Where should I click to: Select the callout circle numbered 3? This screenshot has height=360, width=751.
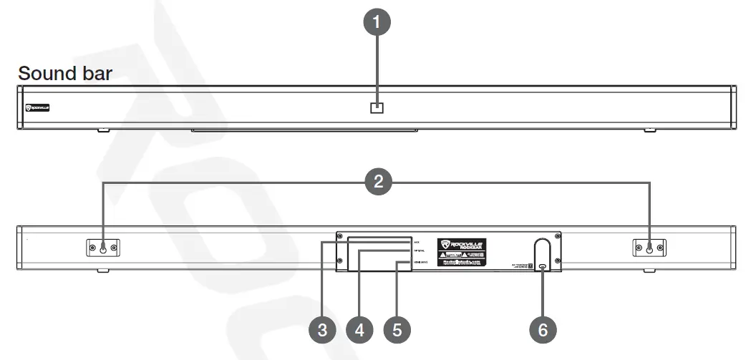pos(322,330)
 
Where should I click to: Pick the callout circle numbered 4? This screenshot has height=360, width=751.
pos(359,330)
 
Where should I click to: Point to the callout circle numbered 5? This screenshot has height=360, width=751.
pos(397,330)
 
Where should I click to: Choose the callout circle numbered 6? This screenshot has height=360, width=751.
pos(543,330)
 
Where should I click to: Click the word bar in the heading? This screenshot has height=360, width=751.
pos(95,74)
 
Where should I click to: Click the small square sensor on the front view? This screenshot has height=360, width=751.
pos(377,107)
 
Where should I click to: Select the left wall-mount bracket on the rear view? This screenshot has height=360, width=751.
pos(102,248)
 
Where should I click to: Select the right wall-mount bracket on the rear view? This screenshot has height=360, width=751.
pos(649,248)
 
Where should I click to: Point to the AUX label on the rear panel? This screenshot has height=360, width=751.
pos(415,238)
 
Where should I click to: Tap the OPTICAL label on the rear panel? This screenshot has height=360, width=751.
pos(418,250)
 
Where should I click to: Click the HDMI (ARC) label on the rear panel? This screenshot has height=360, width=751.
pos(420,263)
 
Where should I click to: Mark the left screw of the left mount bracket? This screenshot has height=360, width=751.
pos(91,248)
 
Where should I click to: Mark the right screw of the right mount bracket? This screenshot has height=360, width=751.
pos(661,248)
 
